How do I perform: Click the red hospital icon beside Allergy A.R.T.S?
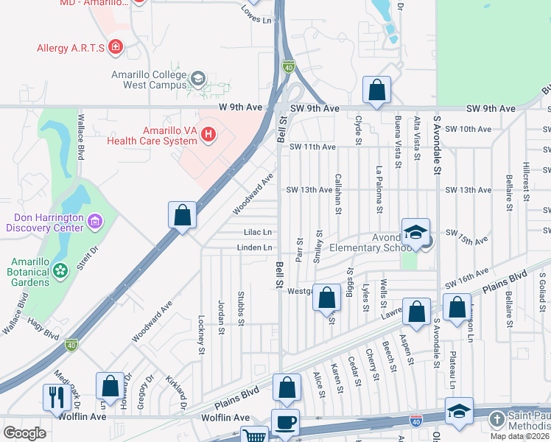click(115, 49)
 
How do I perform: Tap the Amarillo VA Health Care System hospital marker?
click(208, 134)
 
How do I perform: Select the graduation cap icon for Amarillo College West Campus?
click(197, 78)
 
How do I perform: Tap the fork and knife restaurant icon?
click(57, 396)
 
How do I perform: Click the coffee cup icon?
click(285, 422)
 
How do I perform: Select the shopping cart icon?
click(254, 435)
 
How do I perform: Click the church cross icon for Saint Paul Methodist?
click(497, 420)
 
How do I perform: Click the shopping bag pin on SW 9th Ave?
click(376, 91)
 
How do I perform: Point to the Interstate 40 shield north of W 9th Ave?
click(289, 67)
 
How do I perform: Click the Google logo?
click(24, 432)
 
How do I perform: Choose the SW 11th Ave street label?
click(312, 147)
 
